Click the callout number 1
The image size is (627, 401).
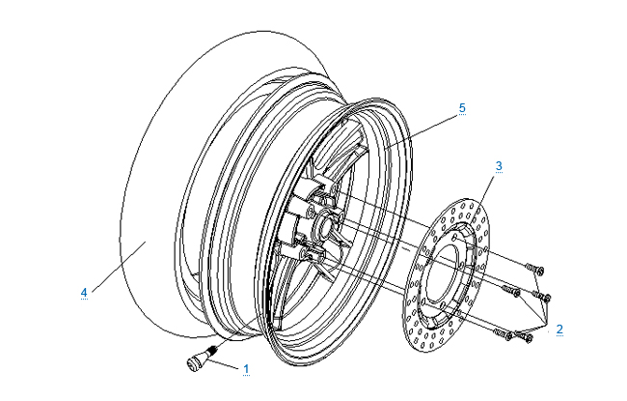click(246, 368)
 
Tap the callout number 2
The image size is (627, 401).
click(559, 329)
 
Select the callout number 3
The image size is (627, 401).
click(499, 166)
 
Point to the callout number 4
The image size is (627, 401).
click(84, 291)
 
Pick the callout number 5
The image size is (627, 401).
click(462, 108)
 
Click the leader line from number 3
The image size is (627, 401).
click(486, 189)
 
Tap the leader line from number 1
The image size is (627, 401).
click(223, 364)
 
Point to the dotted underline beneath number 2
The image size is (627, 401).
click(559, 337)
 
